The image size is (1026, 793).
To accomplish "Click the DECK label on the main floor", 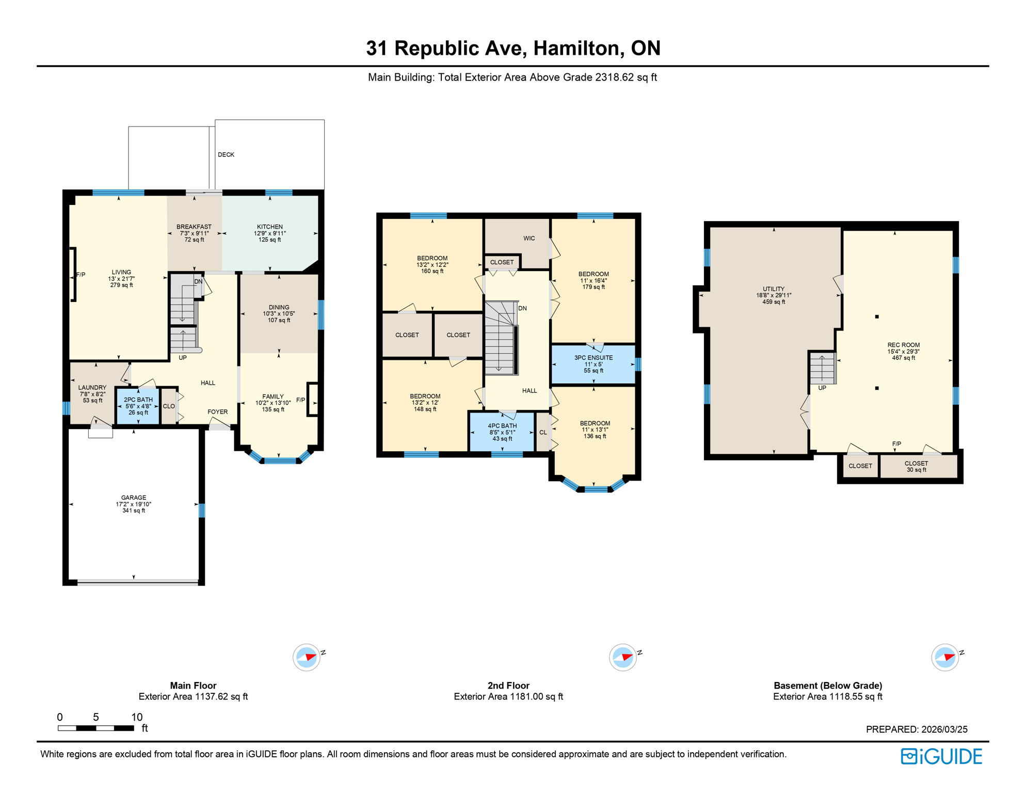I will click(226, 154).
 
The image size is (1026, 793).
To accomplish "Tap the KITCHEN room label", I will click(270, 227).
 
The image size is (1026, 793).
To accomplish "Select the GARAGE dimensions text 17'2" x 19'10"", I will click(134, 504).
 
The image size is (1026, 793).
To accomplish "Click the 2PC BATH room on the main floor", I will click(138, 406).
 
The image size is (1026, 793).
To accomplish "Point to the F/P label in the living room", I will click(81, 275).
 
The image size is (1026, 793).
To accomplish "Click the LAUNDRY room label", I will click(92, 388).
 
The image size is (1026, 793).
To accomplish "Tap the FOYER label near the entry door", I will click(217, 412).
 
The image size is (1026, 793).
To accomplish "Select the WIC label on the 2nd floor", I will click(529, 239).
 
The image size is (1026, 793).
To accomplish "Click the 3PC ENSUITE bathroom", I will click(594, 363).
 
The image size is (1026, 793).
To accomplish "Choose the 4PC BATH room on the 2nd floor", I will click(502, 432).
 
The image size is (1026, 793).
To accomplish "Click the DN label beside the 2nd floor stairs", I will click(522, 308).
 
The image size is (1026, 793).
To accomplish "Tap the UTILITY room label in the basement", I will click(774, 289).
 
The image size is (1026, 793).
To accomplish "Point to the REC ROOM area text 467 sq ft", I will click(903, 358).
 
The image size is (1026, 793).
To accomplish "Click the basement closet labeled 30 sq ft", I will click(916, 466).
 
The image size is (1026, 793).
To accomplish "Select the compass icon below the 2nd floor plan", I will click(623, 658).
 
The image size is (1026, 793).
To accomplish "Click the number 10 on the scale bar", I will click(137, 717).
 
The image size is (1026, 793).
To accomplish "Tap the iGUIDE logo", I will click(941, 756).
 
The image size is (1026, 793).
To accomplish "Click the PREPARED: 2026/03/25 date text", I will click(917, 729).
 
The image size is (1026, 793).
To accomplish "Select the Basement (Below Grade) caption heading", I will click(828, 686).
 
